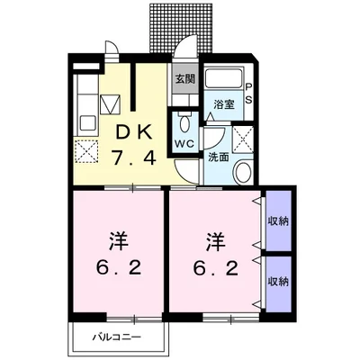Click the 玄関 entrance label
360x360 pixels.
click(185, 79)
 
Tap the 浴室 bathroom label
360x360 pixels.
click(224, 105)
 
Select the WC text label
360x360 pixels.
click(185, 144)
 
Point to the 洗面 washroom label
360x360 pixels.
click(219, 157)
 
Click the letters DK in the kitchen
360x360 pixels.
click(132, 132)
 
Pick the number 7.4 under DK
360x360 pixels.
click(134, 157)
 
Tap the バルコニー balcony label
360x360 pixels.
click(116, 337)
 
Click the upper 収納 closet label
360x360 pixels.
click(278, 221)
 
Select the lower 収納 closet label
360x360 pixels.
click(278, 282)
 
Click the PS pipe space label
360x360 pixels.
click(248, 93)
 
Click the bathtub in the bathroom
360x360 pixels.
click(224, 78)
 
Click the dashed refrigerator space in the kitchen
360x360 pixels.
click(86, 151)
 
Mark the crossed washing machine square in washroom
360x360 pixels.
click(243, 139)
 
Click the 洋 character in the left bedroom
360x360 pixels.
click(119, 241)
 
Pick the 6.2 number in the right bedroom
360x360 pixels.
click(216, 268)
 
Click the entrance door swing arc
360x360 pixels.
click(184, 42)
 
